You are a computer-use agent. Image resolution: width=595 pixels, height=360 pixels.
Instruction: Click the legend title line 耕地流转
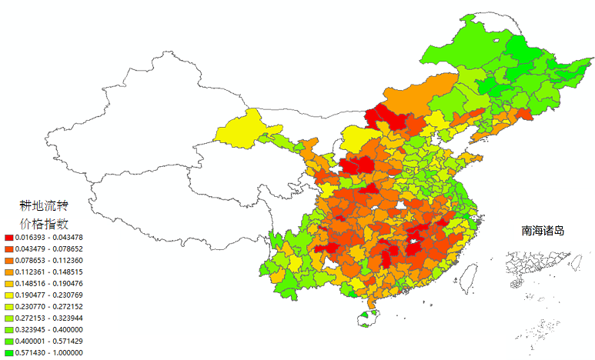pos(44,205)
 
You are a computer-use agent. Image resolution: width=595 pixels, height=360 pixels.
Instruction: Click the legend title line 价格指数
pos(44,224)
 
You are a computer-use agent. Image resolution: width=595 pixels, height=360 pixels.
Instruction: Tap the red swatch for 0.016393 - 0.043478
pos(8,238)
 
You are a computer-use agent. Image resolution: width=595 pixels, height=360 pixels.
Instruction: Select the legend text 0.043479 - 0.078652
pos(48,249)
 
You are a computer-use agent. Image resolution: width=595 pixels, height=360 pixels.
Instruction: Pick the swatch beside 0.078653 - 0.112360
pos(8,261)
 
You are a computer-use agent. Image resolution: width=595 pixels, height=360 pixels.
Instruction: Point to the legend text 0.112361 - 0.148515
pos(48,272)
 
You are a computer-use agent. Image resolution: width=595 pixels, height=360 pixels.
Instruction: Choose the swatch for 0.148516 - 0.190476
pos(8,284)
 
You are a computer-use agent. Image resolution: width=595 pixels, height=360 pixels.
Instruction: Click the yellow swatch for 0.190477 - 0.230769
pos(8,295)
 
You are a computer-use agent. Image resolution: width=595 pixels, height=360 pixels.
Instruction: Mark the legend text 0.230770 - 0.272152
pos(48,307)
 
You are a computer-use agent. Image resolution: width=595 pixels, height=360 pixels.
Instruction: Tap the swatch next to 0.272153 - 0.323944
pos(8,318)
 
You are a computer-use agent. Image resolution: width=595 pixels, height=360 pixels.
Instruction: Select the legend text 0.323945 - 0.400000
pos(48,330)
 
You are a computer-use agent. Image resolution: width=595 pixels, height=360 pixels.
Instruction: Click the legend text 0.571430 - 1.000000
pos(48,353)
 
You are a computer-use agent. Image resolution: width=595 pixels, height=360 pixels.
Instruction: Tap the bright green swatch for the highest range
pos(8,353)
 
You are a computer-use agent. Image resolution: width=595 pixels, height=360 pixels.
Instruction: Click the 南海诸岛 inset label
pos(543,230)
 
